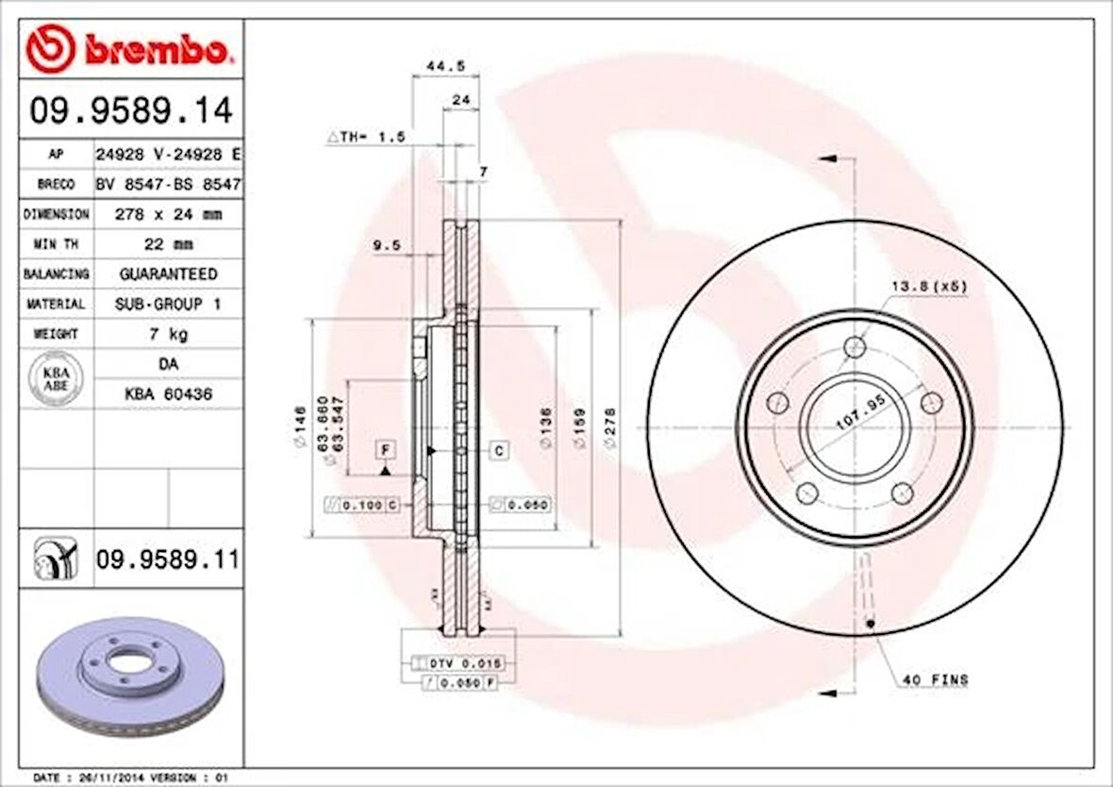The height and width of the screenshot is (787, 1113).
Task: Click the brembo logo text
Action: pos(157,51)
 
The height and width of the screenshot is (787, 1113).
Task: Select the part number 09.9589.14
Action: pos(131,111)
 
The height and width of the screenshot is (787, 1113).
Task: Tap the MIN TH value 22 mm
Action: pos(168,244)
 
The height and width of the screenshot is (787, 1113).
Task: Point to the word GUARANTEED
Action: pos(168,274)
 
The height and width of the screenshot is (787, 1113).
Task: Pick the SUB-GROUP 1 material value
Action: pos(168,304)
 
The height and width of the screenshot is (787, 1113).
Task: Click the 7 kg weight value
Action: pos(168,334)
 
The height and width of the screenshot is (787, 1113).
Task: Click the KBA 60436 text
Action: pos(168,394)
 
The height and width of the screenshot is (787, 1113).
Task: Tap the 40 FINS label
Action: pos(935,679)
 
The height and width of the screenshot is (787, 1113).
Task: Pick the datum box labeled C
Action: pos(499,451)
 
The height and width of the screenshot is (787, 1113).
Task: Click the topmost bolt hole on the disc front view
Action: pos(854,346)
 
